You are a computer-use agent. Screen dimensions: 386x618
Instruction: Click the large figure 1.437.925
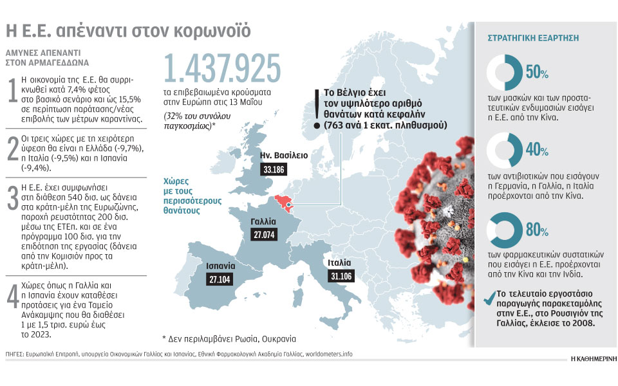[x=223, y=69]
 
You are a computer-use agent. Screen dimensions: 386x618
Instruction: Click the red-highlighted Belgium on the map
[x=284, y=203]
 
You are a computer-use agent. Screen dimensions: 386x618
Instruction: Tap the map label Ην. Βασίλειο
[x=284, y=156]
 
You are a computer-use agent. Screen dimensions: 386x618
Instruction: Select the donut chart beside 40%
[x=505, y=151]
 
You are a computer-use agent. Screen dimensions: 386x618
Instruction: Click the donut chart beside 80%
[x=505, y=231]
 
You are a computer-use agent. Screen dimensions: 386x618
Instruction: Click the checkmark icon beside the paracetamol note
[x=488, y=297]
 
